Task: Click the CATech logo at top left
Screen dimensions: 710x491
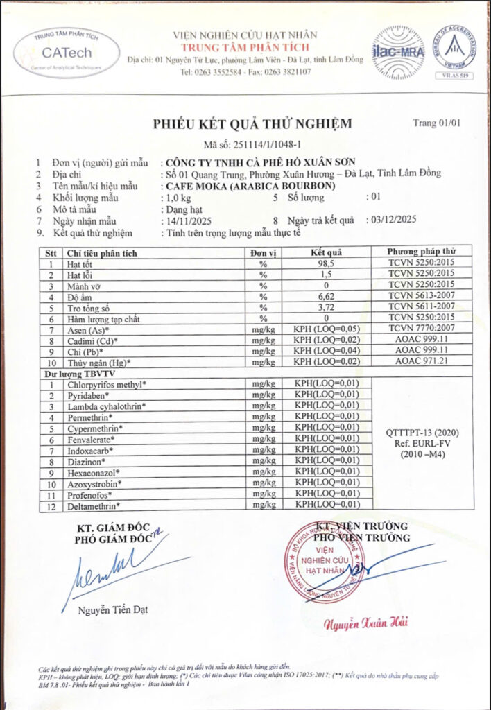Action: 66,53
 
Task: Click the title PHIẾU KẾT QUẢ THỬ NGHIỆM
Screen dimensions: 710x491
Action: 252,124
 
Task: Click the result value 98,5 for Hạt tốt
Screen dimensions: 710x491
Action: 327,263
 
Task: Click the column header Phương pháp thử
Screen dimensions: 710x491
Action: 422,252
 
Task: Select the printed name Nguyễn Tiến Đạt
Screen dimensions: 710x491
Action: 112,610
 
